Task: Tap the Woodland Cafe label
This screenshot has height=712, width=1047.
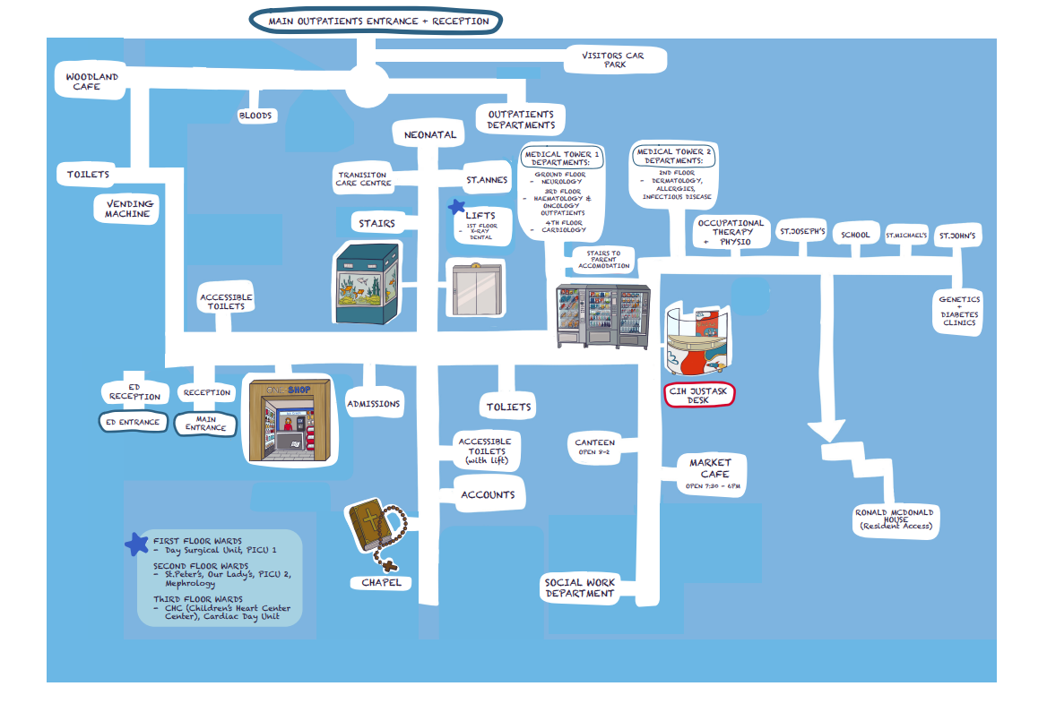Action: [x=92, y=82]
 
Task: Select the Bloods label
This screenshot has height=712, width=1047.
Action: [x=255, y=116]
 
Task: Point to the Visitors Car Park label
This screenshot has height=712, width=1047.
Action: [x=613, y=60]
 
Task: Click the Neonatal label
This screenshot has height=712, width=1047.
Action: [x=430, y=135]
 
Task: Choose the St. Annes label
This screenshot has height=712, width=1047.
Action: [x=487, y=179]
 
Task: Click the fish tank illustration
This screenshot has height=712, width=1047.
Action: [x=366, y=281]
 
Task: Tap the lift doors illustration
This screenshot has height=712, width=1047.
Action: [x=475, y=287]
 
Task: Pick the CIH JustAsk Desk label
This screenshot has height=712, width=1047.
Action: [x=698, y=397]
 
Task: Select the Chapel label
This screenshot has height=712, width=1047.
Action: [x=381, y=583]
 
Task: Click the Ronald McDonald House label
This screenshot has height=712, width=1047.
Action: [x=895, y=519]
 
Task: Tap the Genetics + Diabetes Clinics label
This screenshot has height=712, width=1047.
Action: [x=959, y=311]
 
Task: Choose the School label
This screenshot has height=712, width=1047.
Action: [x=855, y=236]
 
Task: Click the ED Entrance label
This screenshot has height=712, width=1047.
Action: [x=133, y=422]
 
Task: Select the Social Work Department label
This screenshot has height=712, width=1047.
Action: [x=580, y=588]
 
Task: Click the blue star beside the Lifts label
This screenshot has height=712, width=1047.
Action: [x=457, y=208]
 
